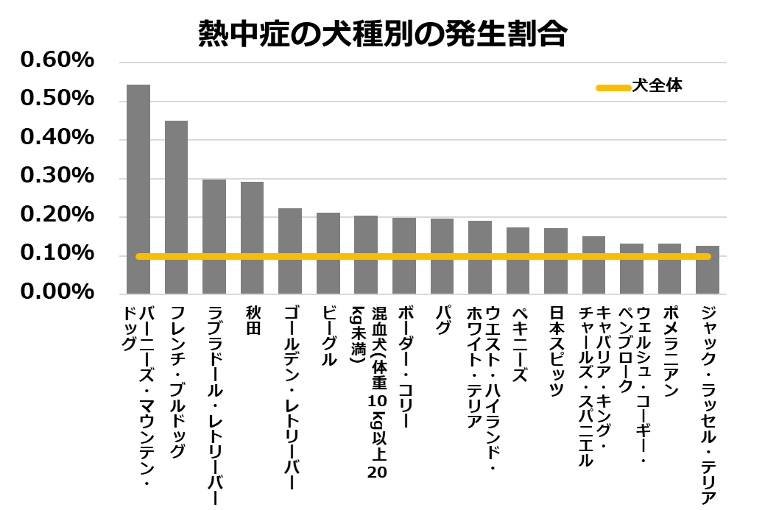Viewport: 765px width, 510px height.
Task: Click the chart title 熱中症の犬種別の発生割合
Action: (x=383, y=34)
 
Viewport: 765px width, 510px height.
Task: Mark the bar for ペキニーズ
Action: (x=518, y=261)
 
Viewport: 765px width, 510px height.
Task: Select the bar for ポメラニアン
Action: (x=669, y=269)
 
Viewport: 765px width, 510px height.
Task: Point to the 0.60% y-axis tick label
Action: (x=57, y=60)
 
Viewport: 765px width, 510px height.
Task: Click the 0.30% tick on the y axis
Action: (x=57, y=177)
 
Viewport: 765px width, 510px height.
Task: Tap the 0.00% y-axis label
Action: (x=57, y=292)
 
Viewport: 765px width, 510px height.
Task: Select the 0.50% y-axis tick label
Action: (x=57, y=99)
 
